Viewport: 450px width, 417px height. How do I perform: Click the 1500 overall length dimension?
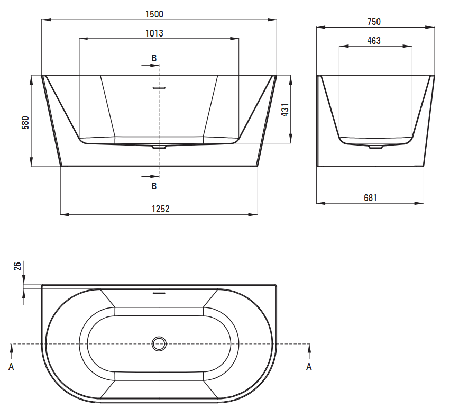click(x=154, y=14)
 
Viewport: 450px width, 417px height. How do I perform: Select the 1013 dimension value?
click(x=154, y=33)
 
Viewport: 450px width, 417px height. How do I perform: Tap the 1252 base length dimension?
click(x=160, y=209)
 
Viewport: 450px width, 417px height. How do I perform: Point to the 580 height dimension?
click(x=25, y=123)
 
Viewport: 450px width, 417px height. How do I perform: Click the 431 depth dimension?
click(x=285, y=110)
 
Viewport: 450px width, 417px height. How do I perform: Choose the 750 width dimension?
click(x=374, y=22)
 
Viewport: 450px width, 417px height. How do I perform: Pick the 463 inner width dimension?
click(x=374, y=41)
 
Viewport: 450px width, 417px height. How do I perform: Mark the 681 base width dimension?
click(x=370, y=197)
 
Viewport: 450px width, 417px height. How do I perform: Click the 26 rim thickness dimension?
click(x=17, y=266)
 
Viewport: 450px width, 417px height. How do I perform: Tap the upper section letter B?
click(x=154, y=58)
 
